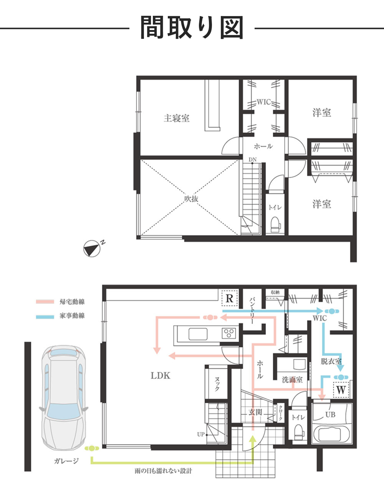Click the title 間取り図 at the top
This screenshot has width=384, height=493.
point(192,27)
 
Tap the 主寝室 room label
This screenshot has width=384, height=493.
point(177,118)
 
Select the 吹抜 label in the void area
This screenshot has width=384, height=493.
point(191,199)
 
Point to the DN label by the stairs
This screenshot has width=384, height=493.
point(253,160)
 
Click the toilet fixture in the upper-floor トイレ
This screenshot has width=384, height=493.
point(276,224)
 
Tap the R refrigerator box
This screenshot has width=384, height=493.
point(230,299)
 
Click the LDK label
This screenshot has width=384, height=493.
point(161,376)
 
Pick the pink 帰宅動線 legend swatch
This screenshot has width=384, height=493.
point(45,302)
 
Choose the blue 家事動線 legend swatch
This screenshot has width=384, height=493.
point(45,317)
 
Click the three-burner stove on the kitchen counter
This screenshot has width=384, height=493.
point(228,333)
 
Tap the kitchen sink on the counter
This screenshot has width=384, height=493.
point(198,334)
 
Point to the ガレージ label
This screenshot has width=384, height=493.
point(66,461)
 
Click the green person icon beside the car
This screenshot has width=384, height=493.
point(92,448)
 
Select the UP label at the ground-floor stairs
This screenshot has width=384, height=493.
point(201,434)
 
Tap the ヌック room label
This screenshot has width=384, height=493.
point(217,384)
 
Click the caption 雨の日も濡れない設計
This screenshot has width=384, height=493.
point(163,471)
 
